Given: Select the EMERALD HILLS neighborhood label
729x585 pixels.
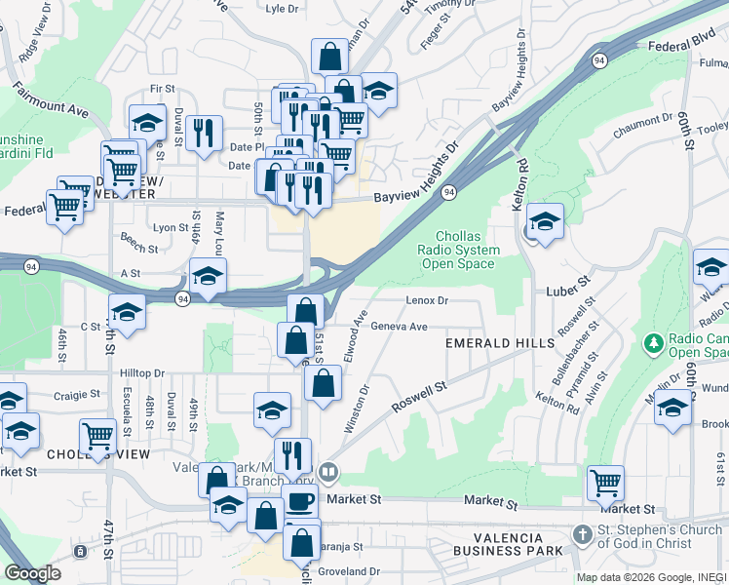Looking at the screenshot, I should pyautogui.click(x=500, y=343).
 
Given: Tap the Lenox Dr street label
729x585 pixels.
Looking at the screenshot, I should pyautogui.click(x=427, y=300).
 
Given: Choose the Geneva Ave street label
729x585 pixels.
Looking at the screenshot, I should pyautogui.click(x=400, y=327).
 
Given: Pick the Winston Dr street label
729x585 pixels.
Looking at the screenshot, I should pyautogui.click(x=357, y=409).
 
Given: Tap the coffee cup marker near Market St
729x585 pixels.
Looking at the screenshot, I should pyautogui.click(x=300, y=502).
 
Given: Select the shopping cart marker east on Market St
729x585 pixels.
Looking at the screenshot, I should pyautogui.click(x=605, y=481).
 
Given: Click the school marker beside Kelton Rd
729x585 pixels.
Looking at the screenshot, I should pyautogui.click(x=545, y=221).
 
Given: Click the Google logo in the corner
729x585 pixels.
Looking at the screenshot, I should pyautogui.click(x=32, y=573).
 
